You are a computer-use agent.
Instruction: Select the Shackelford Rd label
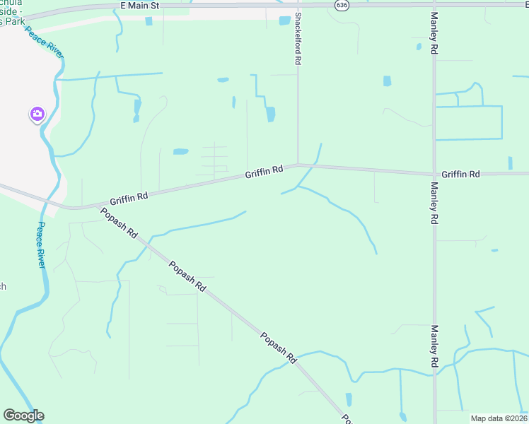(x=298, y=39)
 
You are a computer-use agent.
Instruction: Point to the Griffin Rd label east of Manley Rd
(x=460, y=174)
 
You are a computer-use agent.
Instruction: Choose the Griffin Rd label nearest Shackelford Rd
(x=264, y=171)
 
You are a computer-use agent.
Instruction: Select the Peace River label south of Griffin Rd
(x=40, y=244)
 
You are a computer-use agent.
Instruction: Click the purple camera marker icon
(x=37, y=114)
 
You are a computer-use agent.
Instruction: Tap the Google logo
(x=23, y=416)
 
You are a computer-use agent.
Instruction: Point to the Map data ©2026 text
(x=499, y=418)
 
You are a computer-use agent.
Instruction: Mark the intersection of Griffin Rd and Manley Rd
(x=434, y=174)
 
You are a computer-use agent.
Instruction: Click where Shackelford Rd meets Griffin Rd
(x=298, y=165)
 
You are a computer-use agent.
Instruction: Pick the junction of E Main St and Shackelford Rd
(x=298, y=5)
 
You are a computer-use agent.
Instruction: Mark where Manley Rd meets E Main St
(x=434, y=4)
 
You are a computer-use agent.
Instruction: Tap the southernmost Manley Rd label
(x=434, y=347)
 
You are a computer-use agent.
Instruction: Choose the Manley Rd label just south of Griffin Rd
(x=434, y=203)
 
